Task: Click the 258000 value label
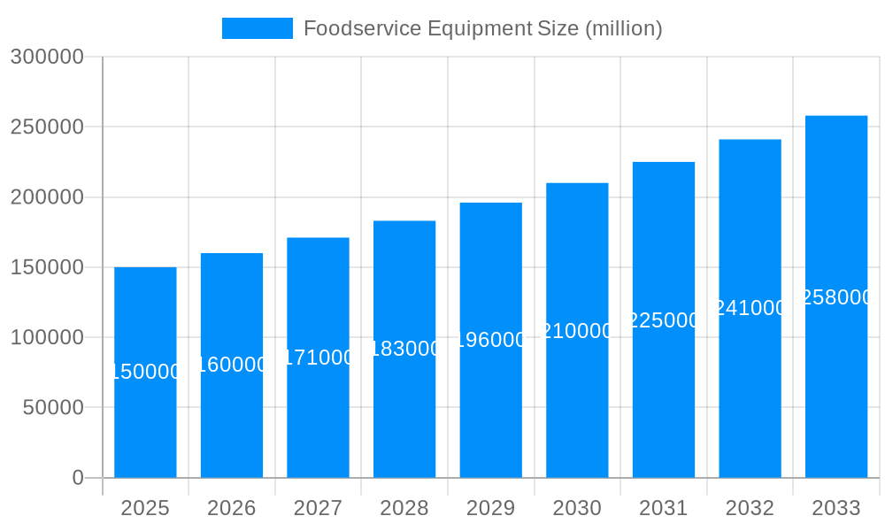[836, 297]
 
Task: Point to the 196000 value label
[491, 340]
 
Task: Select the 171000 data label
[319, 358]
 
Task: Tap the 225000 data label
[664, 320]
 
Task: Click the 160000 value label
[232, 365]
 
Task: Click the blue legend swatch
[257, 28]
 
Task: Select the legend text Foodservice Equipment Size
[483, 28]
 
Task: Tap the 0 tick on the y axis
[78, 478]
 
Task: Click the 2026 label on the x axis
[232, 508]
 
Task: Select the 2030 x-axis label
[577, 508]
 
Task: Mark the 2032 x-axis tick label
[750, 508]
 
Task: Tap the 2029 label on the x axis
[491, 508]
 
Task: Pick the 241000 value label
[750, 308]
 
